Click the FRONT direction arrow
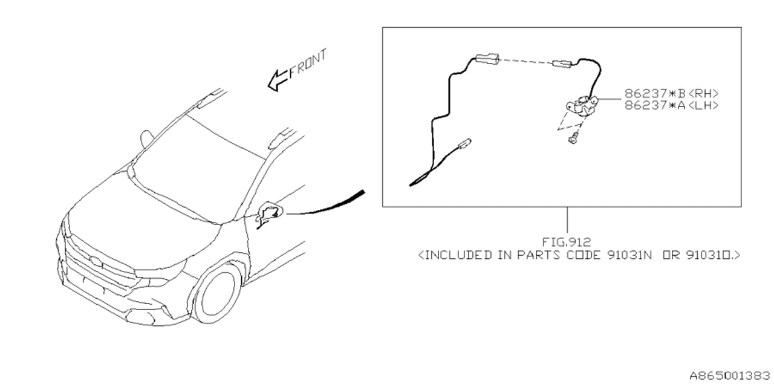(x=278, y=80)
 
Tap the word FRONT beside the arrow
(x=308, y=64)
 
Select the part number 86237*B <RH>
(x=671, y=94)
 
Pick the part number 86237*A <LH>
(x=671, y=105)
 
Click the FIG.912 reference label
(x=567, y=242)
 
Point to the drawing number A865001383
(x=729, y=376)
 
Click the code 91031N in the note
(x=629, y=255)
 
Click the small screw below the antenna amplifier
(x=573, y=139)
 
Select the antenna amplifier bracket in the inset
(x=582, y=105)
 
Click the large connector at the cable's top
(x=487, y=59)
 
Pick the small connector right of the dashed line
(x=562, y=64)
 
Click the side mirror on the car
(x=146, y=139)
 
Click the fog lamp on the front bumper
(x=140, y=317)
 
